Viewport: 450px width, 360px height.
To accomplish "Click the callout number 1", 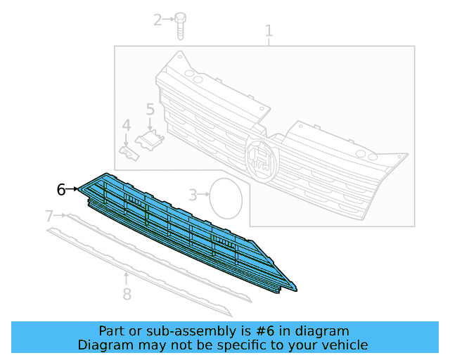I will [269, 31].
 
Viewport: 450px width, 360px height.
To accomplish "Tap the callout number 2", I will [158, 20].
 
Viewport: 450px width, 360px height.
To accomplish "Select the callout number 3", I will [193, 194].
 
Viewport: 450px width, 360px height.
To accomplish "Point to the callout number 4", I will [127, 125].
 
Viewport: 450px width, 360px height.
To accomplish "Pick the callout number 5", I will [150, 109].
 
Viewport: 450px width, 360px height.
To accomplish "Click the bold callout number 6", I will [61, 189].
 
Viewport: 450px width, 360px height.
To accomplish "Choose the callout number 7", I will [49, 215].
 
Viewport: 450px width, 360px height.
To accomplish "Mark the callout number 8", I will [127, 294].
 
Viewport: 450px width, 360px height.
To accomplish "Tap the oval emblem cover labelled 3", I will [226, 198].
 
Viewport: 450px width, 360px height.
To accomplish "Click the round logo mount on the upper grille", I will [261, 160].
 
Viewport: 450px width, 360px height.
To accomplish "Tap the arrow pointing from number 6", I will [72, 189].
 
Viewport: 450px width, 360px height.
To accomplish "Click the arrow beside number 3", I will [205, 193].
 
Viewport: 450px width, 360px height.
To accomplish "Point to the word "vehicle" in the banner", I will [344, 345].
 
